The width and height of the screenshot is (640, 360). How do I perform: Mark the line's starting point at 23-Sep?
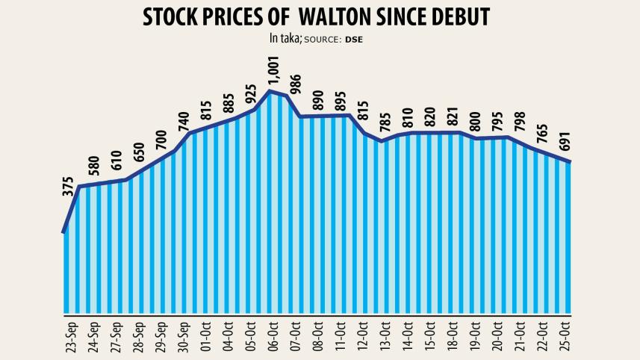point(65,232)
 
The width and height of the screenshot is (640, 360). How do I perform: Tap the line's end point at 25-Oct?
point(571,161)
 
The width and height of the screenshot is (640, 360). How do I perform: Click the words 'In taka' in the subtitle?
point(285,38)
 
